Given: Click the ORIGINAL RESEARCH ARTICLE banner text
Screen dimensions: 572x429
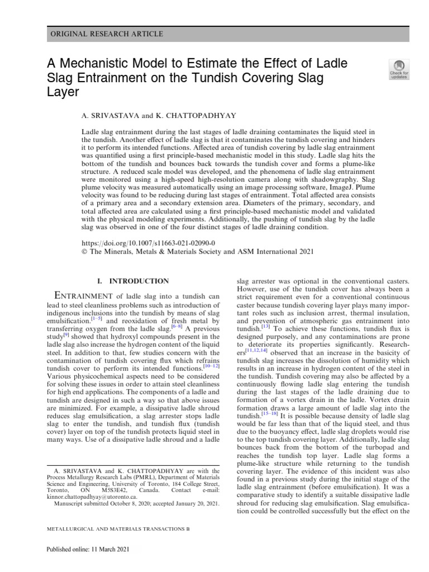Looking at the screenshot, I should click(x=107, y=34).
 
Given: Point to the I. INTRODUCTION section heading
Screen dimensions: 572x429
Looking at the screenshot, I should click(x=132, y=281).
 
